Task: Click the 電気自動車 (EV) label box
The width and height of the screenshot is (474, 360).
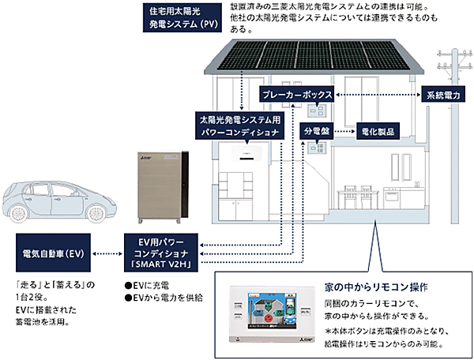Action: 50,253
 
